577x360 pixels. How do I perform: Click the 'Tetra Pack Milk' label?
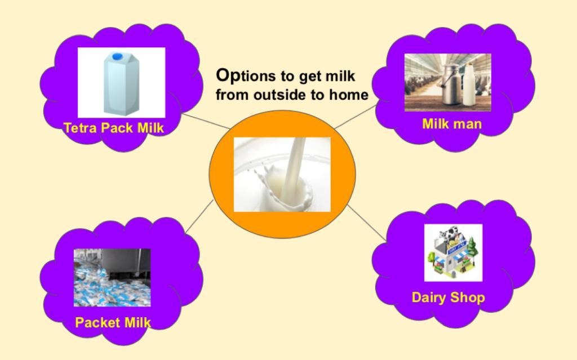114,128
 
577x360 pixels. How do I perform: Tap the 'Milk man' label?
452,124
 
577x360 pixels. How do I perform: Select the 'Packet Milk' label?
113,322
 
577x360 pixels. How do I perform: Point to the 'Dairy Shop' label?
448,297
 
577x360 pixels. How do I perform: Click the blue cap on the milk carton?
117,56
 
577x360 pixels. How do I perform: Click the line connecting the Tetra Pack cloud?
206,121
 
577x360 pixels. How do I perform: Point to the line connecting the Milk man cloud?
356,117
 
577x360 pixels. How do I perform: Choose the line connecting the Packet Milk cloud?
199,216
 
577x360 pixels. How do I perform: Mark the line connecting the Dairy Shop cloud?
367,223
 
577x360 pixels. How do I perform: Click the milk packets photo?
112,278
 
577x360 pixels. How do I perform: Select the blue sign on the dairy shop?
456,246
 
